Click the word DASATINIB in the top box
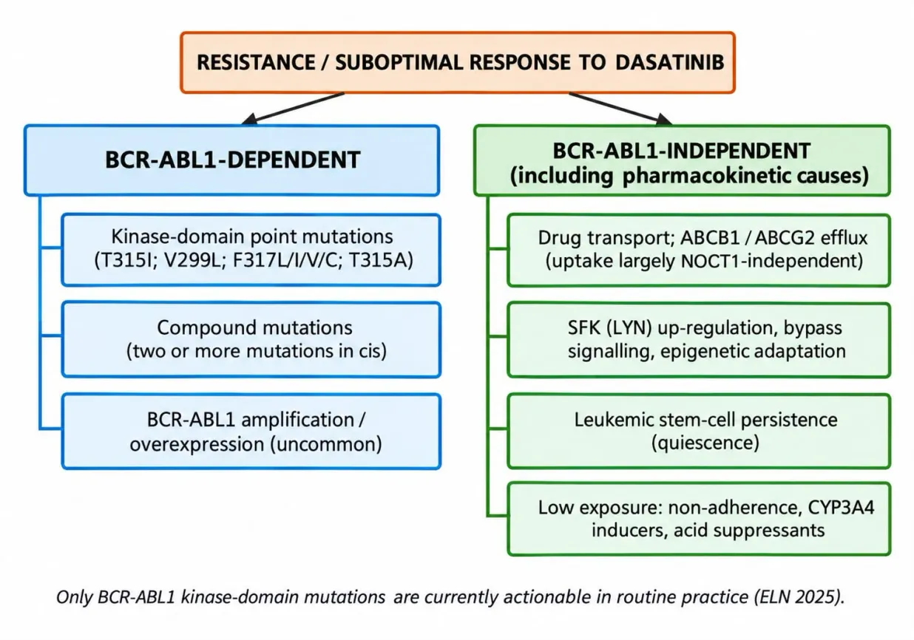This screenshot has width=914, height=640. (x=669, y=62)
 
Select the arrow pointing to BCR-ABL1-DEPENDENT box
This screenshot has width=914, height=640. (x=293, y=109)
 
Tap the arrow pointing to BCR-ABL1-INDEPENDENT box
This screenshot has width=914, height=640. (x=620, y=109)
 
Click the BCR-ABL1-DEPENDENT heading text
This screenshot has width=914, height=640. (x=233, y=160)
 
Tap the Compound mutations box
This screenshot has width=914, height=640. (x=251, y=339)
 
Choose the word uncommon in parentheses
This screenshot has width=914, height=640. (x=325, y=444)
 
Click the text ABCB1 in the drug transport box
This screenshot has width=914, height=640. (x=710, y=238)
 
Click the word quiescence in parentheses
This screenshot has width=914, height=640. (x=705, y=443)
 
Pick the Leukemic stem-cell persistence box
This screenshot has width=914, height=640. (x=699, y=431)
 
